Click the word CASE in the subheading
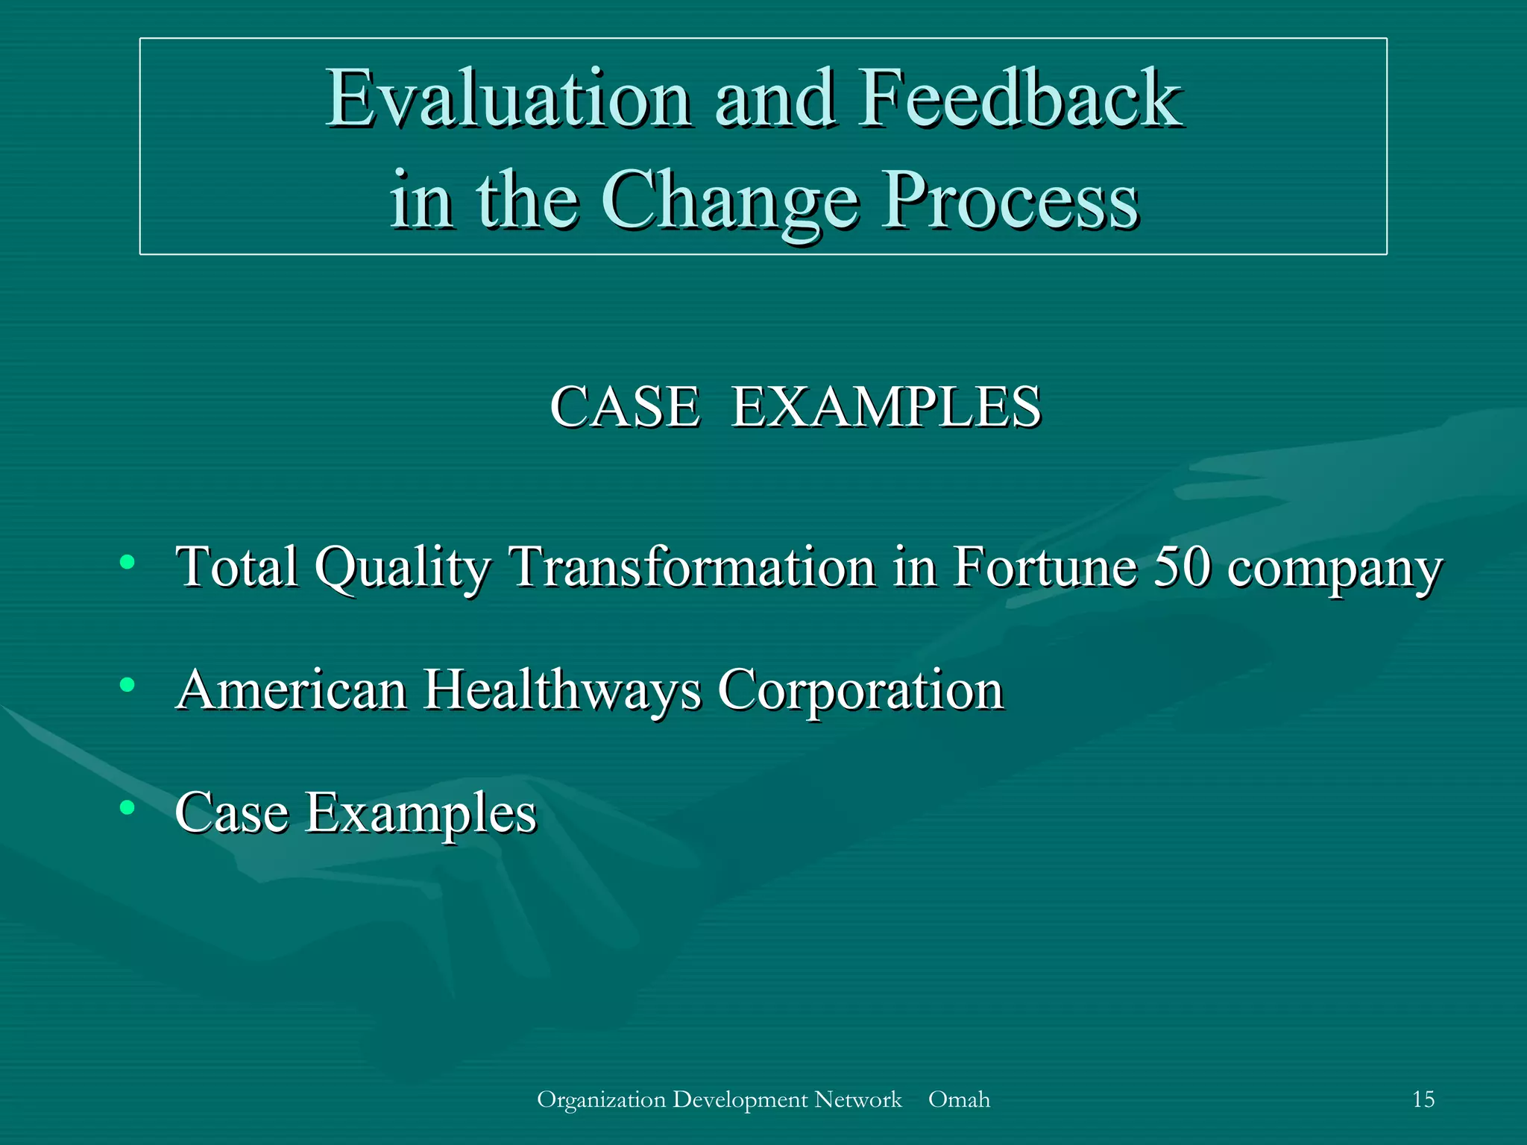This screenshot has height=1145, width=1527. point(625,407)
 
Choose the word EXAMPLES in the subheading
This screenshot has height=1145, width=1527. point(886,407)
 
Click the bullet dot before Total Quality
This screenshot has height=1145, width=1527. point(127,562)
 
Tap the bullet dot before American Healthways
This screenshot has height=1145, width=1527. point(127,684)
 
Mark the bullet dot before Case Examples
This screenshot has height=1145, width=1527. point(127,807)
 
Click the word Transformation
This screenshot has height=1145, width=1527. point(691,567)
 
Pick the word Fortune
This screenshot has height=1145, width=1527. point(1045,567)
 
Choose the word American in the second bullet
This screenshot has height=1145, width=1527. point(292,690)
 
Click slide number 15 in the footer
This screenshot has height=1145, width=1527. point(1423,1100)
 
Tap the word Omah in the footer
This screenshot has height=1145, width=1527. point(959,1100)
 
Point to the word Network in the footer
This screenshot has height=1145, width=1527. point(857,1100)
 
